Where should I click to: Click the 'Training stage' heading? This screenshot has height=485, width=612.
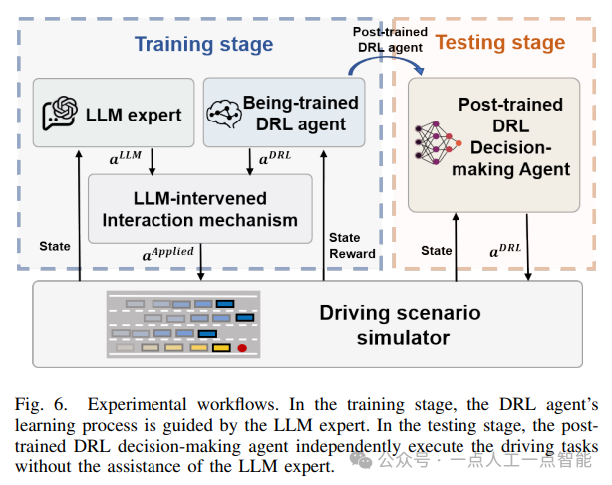(x=203, y=44)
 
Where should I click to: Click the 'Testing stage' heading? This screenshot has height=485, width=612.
(x=500, y=42)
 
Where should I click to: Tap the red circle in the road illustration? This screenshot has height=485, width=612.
(x=242, y=348)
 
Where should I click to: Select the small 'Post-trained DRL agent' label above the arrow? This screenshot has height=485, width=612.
(x=390, y=39)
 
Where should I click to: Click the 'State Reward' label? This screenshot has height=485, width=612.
(x=352, y=246)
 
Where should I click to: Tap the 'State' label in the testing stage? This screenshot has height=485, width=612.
(x=436, y=250)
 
